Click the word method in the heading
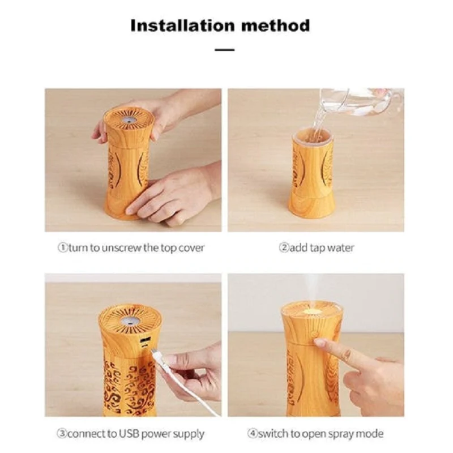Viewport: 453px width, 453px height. point(276,25)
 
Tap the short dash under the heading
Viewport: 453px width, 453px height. point(224,50)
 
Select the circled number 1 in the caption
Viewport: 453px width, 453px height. point(62,247)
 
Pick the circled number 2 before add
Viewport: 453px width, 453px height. point(284,247)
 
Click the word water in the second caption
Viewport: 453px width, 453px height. point(340,248)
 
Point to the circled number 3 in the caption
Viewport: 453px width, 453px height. point(62,433)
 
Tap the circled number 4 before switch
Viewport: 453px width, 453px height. point(253,433)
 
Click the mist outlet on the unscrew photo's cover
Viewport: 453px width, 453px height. point(129,119)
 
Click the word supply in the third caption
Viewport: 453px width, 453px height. point(190,434)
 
